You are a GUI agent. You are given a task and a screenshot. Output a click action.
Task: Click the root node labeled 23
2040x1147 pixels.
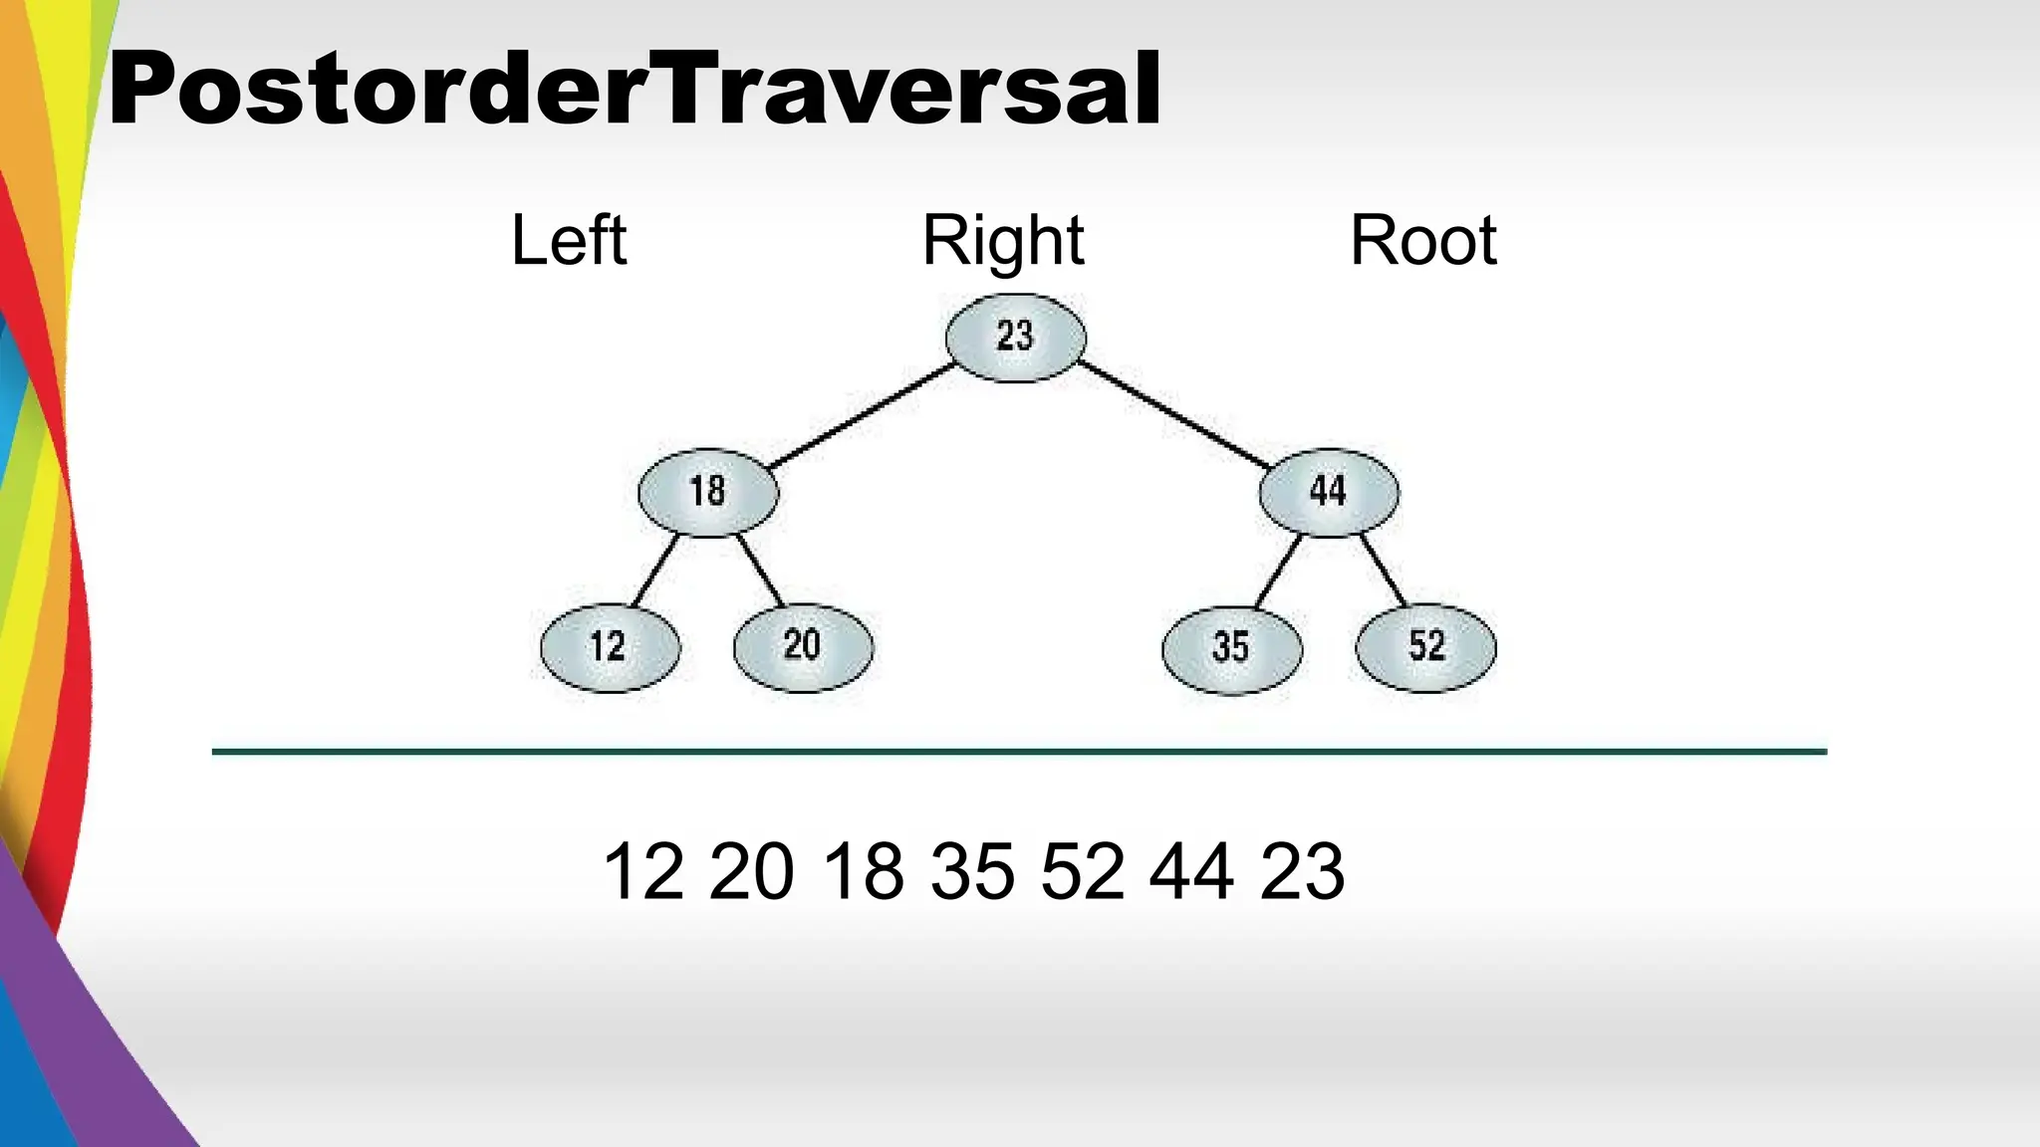(x=1015, y=337)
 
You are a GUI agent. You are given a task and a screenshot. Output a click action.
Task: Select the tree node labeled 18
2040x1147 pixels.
(x=708, y=492)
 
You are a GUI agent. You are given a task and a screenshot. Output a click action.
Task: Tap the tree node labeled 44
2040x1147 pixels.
(x=1329, y=492)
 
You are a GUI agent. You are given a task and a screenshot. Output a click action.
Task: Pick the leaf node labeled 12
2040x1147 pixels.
(x=610, y=647)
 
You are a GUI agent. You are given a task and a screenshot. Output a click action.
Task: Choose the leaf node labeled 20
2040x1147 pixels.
(x=803, y=647)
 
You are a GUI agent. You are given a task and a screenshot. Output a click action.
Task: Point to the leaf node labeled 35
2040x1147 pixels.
(x=1232, y=648)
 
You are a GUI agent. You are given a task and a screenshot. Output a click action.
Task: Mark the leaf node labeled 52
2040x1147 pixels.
(x=1425, y=647)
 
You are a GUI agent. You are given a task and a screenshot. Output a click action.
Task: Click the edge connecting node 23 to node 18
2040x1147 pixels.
(x=862, y=415)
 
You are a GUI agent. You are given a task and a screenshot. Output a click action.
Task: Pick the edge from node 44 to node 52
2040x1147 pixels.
(x=1385, y=572)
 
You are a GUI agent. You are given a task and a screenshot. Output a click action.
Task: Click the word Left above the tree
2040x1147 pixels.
(x=569, y=241)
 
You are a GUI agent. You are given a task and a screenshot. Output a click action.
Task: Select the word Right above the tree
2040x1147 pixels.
(x=1003, y=241)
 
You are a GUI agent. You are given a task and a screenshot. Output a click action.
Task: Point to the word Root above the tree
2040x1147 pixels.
(x=1422, y=241)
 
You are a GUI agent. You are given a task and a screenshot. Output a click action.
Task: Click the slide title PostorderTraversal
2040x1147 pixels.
(x=635, y=90)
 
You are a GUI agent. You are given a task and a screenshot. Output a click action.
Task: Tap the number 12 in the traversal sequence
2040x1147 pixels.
(x=643, y=872)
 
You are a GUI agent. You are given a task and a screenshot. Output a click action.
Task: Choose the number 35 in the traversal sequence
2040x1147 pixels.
(x=972, y=872)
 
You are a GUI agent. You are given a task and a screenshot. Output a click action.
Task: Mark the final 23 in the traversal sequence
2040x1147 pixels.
(x=1302, y=872)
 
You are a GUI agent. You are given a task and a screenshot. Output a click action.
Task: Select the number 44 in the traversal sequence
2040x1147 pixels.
(x=1191, y=872)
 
